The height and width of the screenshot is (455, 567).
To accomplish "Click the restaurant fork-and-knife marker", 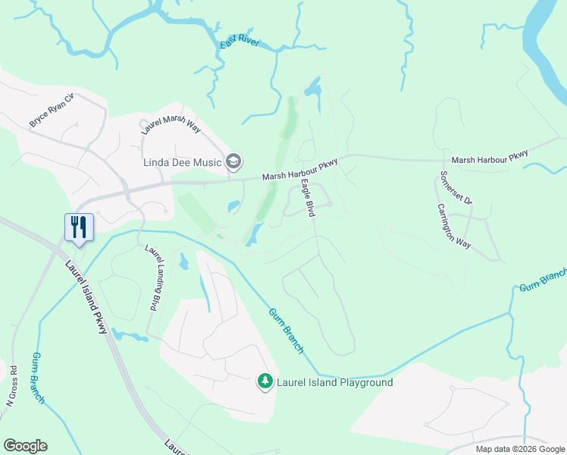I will tap(79, 226).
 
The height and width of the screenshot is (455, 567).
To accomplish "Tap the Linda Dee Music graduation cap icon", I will tap(234, 161).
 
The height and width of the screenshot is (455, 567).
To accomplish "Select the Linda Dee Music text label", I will tap(183, 162).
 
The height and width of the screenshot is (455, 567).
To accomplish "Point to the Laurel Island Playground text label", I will tap(334, 382).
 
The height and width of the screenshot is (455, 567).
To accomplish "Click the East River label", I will tap(240, 42).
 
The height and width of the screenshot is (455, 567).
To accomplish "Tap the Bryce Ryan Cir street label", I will tap(52, 111).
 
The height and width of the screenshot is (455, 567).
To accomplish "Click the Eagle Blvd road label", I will tap(308, 198).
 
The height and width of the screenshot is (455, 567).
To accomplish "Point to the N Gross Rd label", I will tap(11, 386).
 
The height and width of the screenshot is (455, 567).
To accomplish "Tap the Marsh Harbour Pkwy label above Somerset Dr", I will tap(489, 158).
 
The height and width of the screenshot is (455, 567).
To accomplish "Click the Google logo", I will tap(25, 446).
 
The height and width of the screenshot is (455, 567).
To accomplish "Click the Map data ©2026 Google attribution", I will tap(520, 449).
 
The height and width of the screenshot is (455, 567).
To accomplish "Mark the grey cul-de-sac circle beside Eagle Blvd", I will tap(330, 204).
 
